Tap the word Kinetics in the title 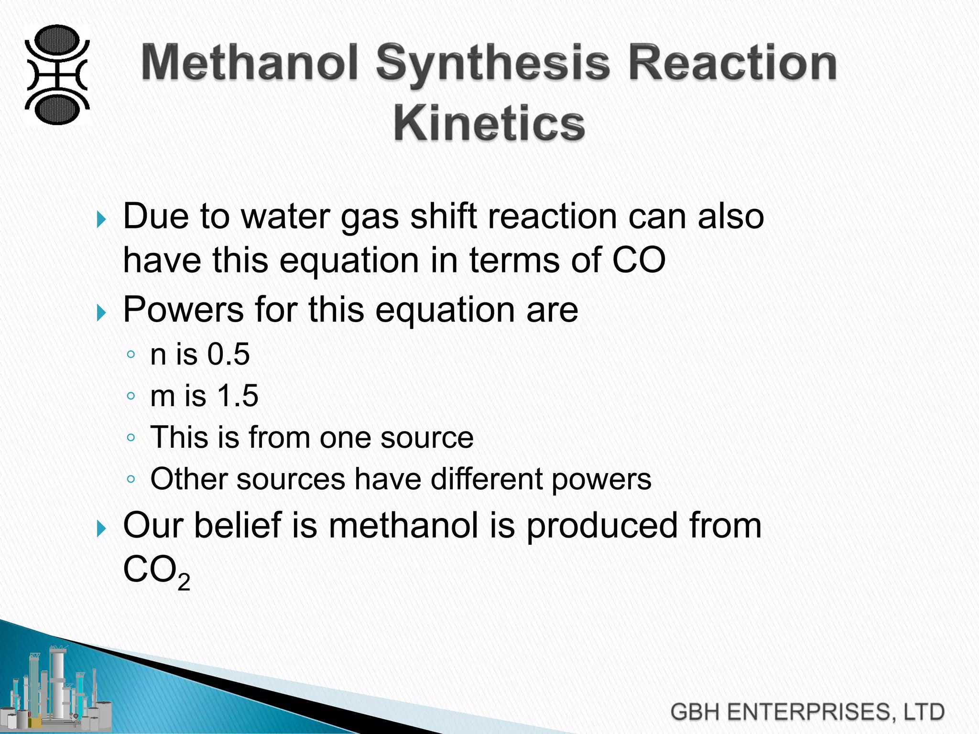tap(489, 123)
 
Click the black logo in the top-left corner tap(57, 75)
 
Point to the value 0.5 tap(228, 355)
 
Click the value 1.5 tap(238, 396)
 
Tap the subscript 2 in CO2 tap(184, 582)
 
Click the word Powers tap(184, 310)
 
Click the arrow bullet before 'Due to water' tap(100, 220)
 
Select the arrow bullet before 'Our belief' tap(100, 529)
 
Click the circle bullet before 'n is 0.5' tap(131, 355)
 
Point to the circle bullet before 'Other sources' tap(131, 479)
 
